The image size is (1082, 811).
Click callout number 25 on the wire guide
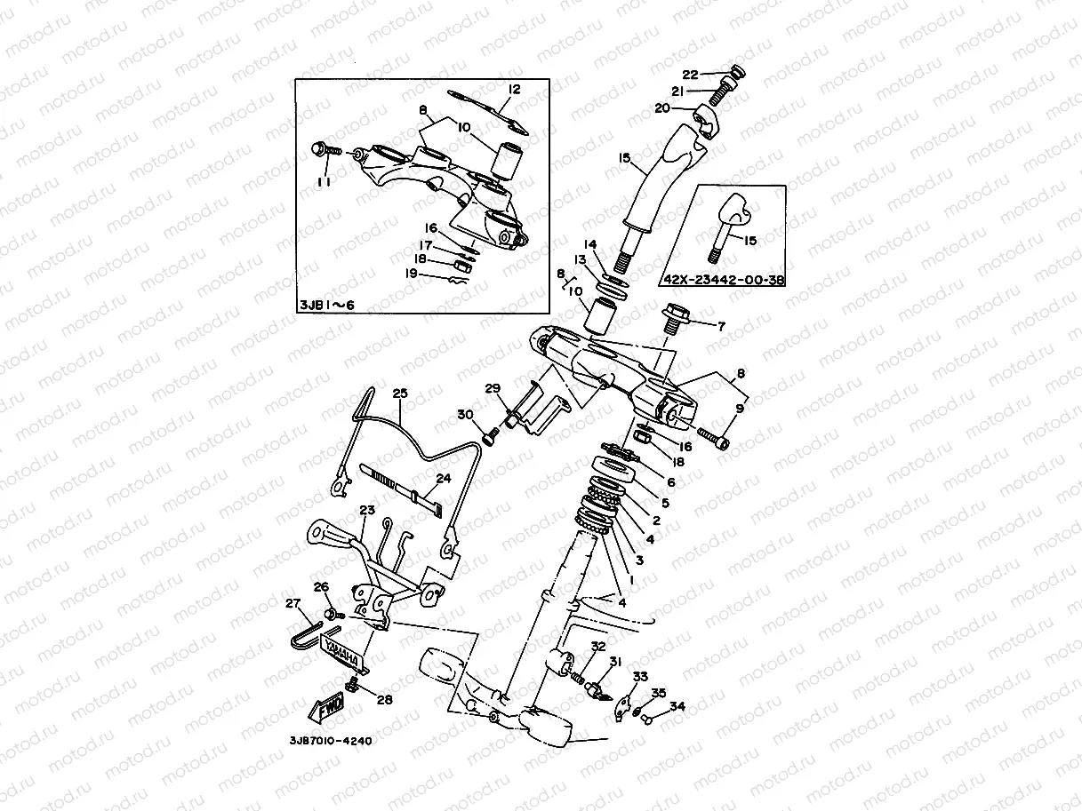pos(399,392)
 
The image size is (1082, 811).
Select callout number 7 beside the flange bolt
pos(721,326)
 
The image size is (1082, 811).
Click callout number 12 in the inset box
pos(514,90)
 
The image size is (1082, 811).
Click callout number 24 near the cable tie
pos(444,478)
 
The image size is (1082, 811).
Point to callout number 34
pos(677,707)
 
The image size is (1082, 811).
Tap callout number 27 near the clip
pos(292,604)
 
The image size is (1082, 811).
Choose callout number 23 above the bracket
pos(367,510)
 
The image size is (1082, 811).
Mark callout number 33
pos(640,677)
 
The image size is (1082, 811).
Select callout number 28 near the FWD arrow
pos(383,700)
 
